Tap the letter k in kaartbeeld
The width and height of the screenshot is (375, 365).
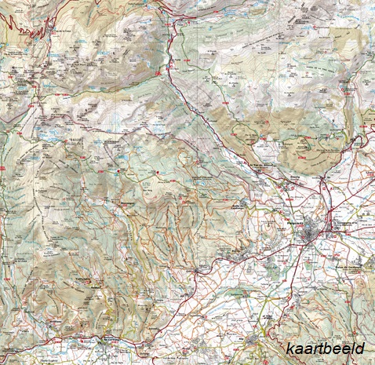pos(289,349)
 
